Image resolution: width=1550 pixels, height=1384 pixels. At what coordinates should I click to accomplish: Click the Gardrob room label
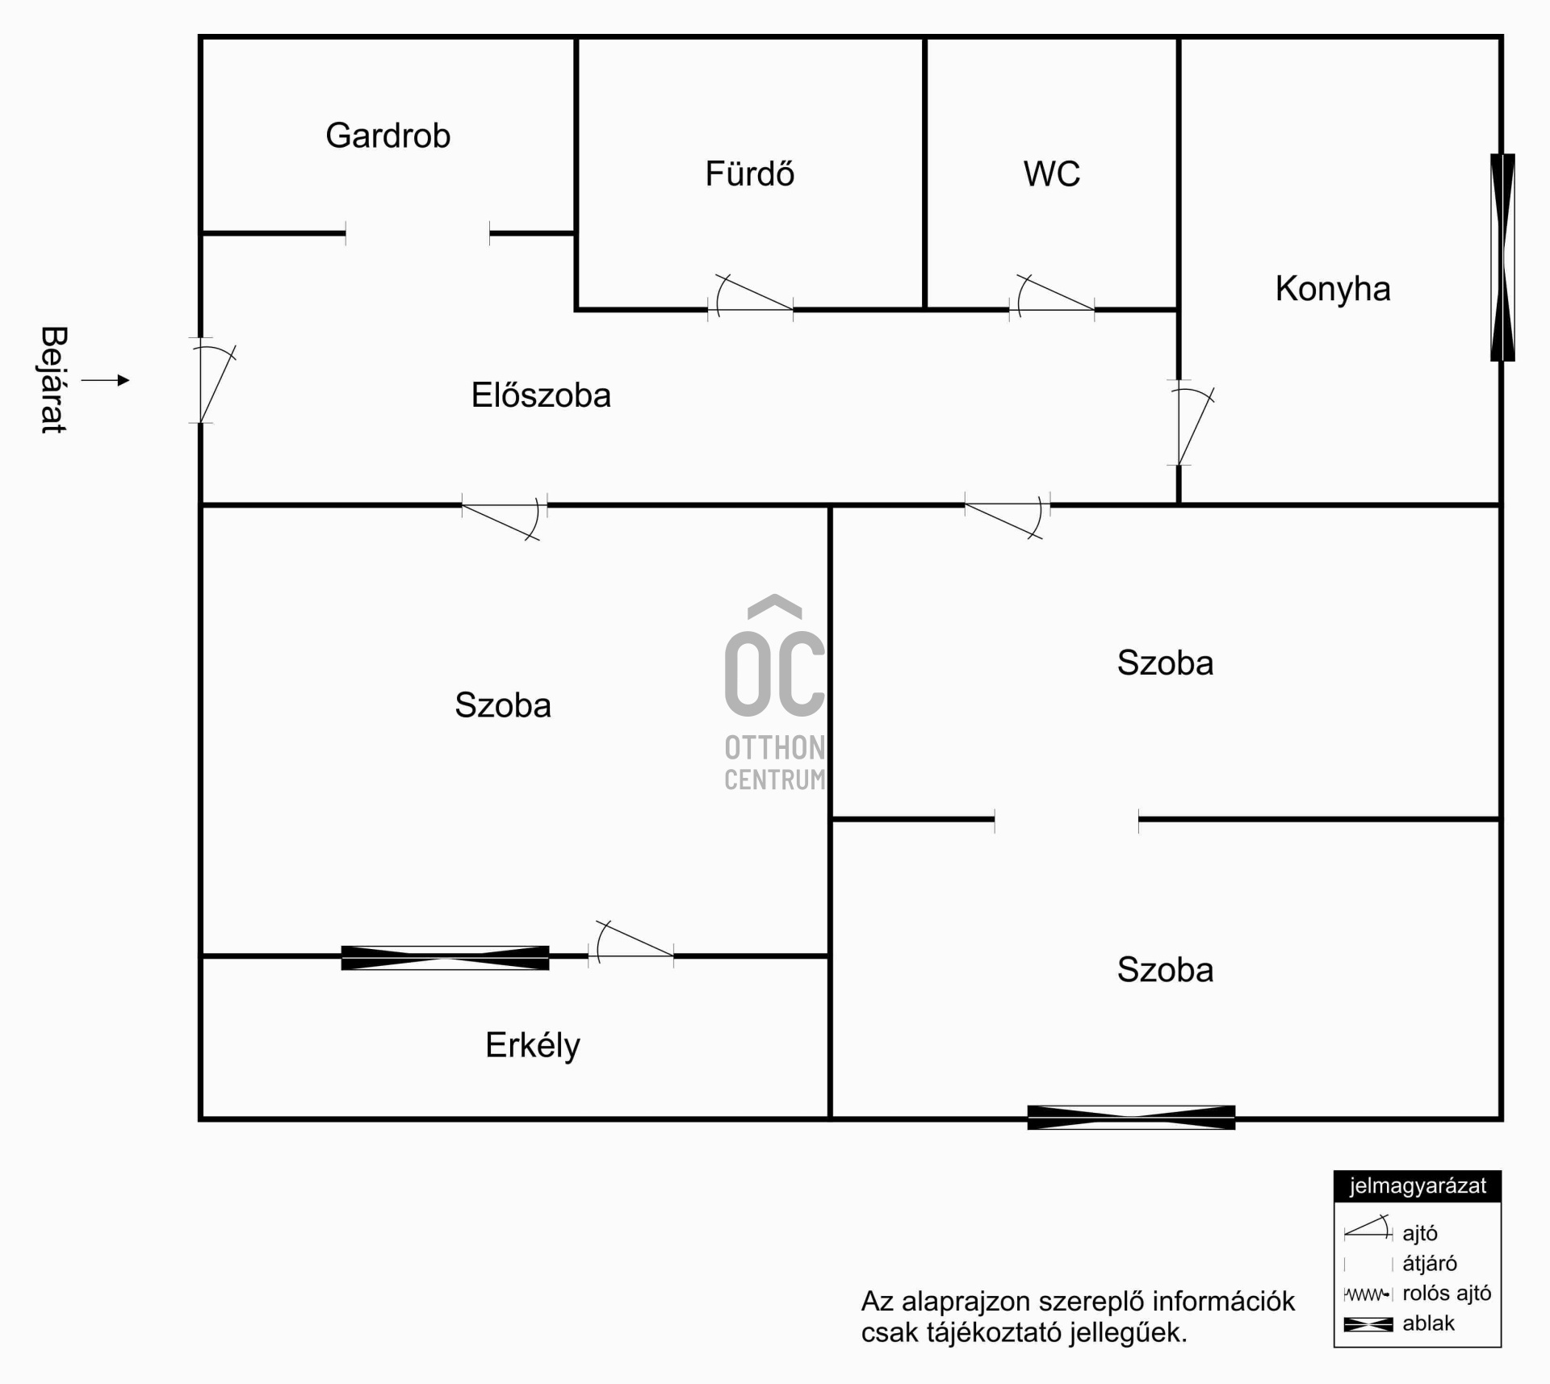click(387, 136)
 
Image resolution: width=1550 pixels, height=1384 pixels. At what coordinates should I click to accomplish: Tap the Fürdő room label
click(750, 174)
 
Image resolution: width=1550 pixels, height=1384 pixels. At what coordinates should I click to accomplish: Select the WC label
click(1052, 174)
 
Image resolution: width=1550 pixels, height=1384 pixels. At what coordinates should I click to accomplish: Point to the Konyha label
click(1333, 289)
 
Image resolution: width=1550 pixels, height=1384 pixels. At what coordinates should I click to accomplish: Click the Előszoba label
click(541, 395)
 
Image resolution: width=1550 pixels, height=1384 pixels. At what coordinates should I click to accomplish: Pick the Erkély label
click(533, 1046)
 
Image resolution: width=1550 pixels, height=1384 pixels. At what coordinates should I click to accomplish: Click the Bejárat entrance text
click(53, 380)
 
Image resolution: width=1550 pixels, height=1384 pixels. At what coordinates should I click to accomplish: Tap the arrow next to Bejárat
click(106, 380)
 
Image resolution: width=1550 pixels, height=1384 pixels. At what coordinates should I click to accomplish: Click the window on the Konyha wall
click(1502, 257)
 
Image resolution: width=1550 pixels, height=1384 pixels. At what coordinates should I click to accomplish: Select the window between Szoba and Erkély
click(445, 958)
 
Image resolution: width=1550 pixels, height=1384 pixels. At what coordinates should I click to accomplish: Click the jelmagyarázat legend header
click(1418, 1185)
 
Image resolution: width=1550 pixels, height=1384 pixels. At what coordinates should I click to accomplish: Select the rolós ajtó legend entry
click(1418, 1293)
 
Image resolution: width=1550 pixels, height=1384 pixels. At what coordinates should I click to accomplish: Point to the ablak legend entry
click(1399, 1323)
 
